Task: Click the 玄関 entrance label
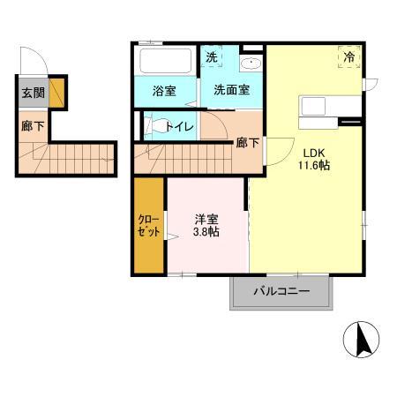34,93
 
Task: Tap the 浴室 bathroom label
163,89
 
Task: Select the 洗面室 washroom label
230,89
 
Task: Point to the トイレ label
179,126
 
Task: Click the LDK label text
315,150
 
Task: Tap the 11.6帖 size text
314,165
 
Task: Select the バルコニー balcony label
283,290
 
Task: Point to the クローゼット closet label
149,227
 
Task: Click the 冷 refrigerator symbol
349,57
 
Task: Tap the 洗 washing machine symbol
212,57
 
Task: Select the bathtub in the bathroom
165,63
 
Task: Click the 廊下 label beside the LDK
247,143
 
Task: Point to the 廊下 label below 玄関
30,124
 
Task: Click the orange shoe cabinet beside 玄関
56,92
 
